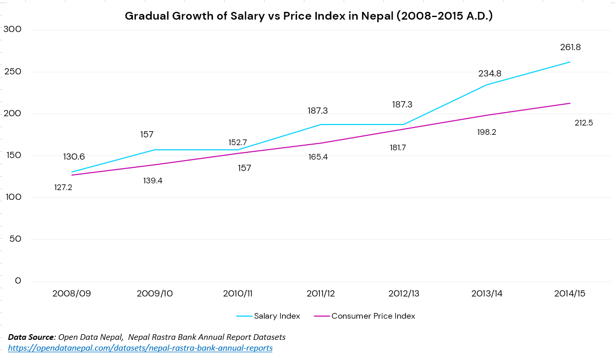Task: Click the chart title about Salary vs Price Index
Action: point(309,16)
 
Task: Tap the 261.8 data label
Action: point(570,47)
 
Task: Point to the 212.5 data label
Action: point(583,123)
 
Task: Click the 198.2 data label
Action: point(486,132)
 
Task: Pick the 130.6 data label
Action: point(74,157)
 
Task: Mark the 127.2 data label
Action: point(63,187)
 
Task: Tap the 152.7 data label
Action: point(238,143)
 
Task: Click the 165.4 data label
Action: point(318,157)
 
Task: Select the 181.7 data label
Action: point(397,148)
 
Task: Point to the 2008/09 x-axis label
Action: point(71,293)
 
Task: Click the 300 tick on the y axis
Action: point(12,29)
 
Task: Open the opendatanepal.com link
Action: point(140,348)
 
